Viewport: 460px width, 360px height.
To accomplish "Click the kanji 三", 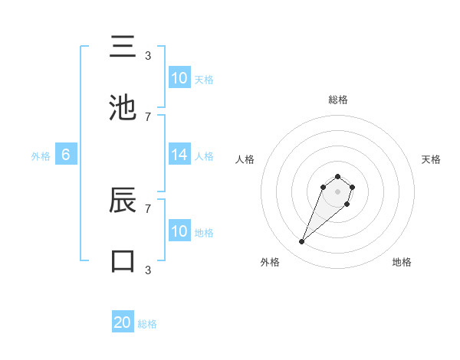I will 123,47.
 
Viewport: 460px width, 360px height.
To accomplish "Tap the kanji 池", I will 123,109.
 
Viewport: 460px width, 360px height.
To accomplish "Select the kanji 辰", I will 123,201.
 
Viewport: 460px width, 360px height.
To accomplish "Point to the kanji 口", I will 123,260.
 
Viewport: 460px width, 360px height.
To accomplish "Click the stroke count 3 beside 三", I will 148,55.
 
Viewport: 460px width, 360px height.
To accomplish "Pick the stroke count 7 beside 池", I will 148,116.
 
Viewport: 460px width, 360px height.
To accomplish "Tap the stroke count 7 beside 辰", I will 148,208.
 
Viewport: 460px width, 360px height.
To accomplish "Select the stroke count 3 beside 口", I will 148,269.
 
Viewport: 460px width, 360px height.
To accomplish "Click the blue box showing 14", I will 179,155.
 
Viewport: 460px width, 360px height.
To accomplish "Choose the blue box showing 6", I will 66,155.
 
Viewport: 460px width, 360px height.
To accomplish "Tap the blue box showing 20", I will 123,322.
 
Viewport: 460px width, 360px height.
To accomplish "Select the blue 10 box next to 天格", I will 179,78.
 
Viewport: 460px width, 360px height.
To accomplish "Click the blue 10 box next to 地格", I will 179,231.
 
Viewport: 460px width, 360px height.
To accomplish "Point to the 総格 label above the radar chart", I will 337,100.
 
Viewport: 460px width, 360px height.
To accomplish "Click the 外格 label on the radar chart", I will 270,262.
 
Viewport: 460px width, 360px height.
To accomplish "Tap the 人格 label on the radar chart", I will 245,159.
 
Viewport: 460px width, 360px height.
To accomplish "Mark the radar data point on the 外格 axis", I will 302,242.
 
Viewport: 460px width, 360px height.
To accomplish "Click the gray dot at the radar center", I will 337,191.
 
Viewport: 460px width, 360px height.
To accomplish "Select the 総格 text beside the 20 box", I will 147,324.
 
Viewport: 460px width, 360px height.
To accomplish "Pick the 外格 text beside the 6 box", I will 41,156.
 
